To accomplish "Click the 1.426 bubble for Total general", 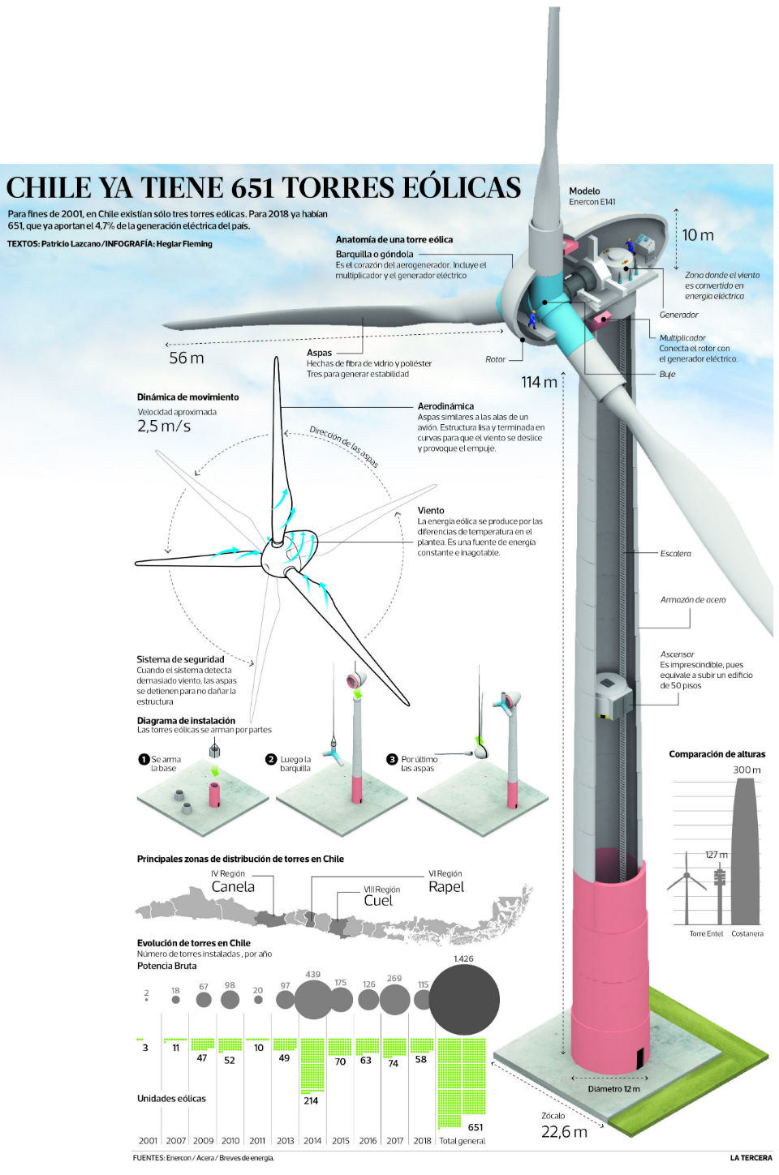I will tap(464, 1000).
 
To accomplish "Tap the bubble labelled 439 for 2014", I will tap(312, 999).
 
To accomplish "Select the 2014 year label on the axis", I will tap(312, 1140).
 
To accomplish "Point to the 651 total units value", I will tap(476, 1127).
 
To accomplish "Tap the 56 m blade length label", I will tap(186, 358).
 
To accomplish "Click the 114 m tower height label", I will tap(540, 382).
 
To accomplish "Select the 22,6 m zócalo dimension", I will tap(564, 1132).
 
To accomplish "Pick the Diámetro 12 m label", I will tap(613, 1089).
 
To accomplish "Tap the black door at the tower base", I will tap(639, 1057).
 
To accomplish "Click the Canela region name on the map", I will tap(233, 887).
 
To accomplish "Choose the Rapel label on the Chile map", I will tap(446, 887).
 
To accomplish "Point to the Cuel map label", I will tap(378, 901).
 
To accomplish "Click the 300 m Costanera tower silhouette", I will tap(747, 851).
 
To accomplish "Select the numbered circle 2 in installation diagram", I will tap(271, 759).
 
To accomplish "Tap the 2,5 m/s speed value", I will tap(164, 426).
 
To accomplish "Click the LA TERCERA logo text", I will tap(751, 1158).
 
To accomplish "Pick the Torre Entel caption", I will tap(706, 933).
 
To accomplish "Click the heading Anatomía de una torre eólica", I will tap(394, 239).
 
